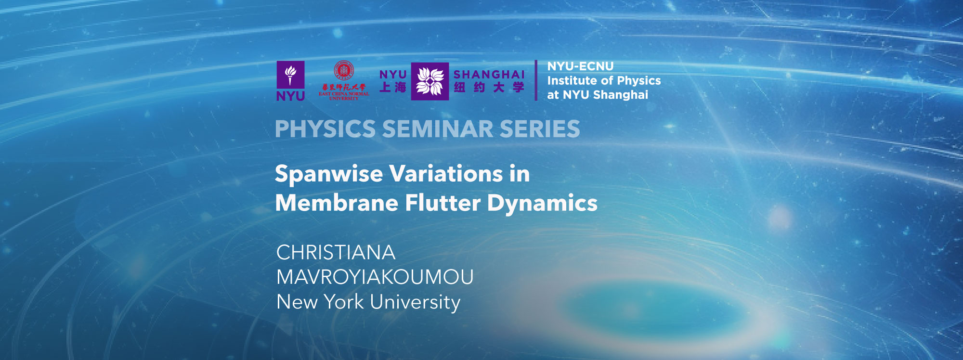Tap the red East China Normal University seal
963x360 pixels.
click(x=344, y=70)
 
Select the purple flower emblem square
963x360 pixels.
click(x=429, y=81)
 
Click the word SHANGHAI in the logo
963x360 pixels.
click(x=489, y=75)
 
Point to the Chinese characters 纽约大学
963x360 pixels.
click(x=489, y=88)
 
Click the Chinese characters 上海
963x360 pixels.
click(x=393, y=88)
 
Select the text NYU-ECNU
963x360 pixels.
click(x=580, y=66)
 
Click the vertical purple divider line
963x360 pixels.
click(x=536, y=80)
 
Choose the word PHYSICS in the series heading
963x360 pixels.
click(x=325, y=129)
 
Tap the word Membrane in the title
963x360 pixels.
click(x=337, y=203)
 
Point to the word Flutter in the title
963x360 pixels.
click(x=442, y=203)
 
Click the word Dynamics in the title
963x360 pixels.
click(x=542, y=203)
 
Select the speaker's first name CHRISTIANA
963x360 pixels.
click(x=336, y=253)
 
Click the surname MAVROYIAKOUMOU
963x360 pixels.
click(x=375, y=277)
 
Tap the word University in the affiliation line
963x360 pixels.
click(x=415, y=302)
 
